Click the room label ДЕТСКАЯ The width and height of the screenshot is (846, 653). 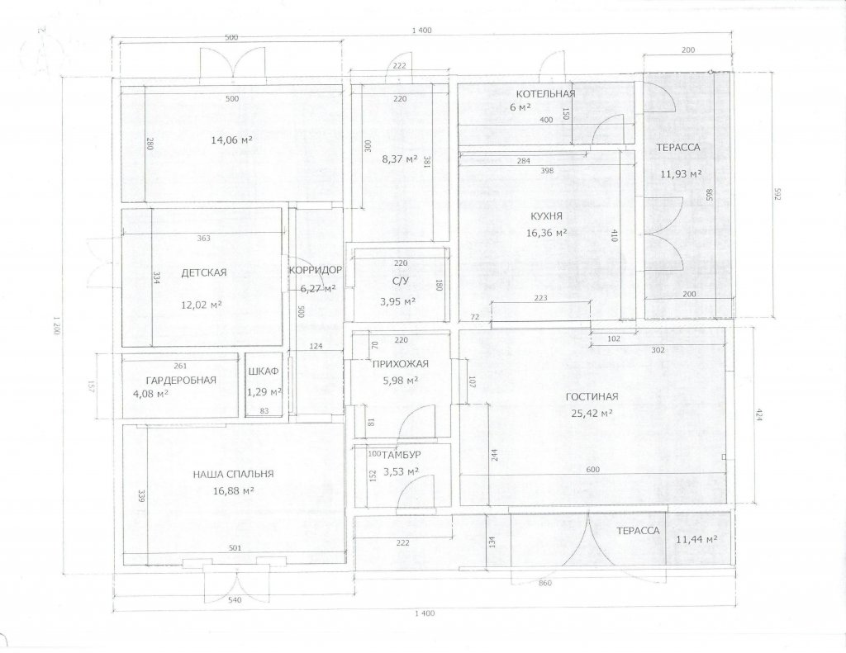point(204,273)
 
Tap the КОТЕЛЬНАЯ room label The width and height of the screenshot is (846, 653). point(545,94)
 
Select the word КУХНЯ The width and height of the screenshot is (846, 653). point(547,217)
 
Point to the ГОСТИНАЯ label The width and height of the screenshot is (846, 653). point(592,397)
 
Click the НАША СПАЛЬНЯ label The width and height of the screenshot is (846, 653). point(234,475)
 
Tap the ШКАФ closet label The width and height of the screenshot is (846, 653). point(264,371)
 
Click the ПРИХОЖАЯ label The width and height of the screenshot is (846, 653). point(401,364)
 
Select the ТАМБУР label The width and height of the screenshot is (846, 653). point(402,455)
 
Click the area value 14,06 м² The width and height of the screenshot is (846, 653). point(232,140)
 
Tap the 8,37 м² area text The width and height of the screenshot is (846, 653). point(400,159)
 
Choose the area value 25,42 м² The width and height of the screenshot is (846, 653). point(592,414)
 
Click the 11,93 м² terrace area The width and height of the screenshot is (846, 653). point(681,173)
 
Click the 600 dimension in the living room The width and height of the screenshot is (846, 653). point(592,470)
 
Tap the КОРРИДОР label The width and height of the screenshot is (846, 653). point(316,270)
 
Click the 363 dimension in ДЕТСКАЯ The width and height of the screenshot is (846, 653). point(204,239)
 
